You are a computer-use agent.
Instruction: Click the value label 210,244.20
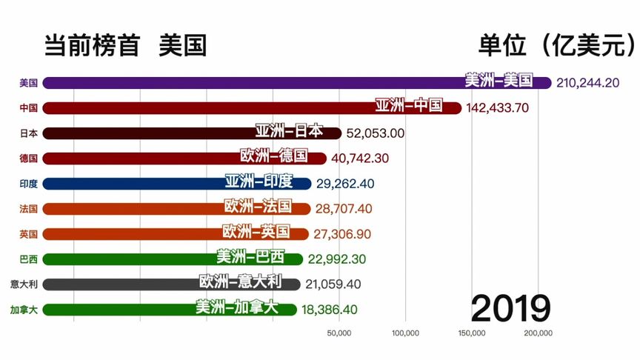(587, 83)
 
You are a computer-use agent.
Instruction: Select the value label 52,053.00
(376, 133)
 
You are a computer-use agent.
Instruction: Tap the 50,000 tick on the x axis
(339, 333)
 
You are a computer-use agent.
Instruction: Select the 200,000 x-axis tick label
(538, 333)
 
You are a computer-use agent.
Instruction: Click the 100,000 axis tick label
(405, 333)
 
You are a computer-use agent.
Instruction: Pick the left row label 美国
(29, 83)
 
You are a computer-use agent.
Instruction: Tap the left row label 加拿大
(24, 310)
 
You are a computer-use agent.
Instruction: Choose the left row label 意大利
(24, 284)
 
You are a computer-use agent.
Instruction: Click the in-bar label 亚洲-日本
(289, 131)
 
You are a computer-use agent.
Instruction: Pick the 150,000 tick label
(472, 333)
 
